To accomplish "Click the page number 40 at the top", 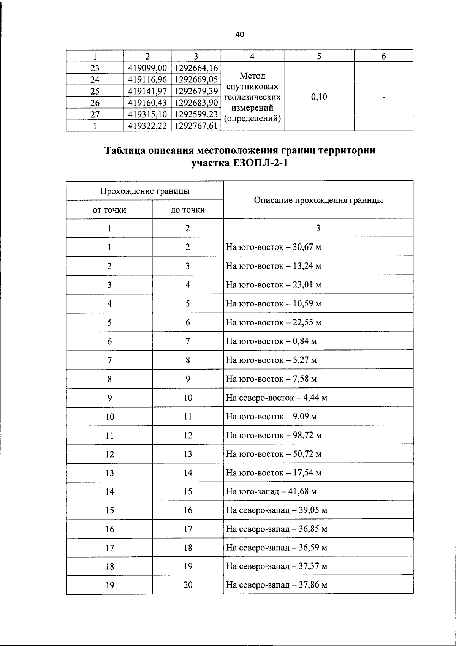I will coord(239,35).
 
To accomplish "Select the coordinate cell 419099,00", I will coord(148,68).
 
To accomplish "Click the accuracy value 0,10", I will coord(319,97).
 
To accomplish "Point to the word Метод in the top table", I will coord(252,76).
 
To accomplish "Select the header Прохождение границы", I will coord(145,191).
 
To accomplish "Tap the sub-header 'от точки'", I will coord(109,210).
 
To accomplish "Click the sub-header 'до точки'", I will coord(188,210).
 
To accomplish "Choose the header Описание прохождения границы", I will coord(318,200).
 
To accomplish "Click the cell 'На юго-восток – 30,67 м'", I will coord(274,247).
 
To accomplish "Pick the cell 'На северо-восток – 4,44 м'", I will coord(277,398).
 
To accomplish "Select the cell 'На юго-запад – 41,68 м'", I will coord(271,492).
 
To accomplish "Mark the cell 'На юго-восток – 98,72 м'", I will coord(274,436).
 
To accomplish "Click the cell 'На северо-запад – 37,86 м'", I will coord(277,585).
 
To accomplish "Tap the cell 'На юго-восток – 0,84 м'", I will coord(271,341).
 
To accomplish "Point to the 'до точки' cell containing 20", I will coord(188,585).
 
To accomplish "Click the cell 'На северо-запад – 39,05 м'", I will coord(277,510).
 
